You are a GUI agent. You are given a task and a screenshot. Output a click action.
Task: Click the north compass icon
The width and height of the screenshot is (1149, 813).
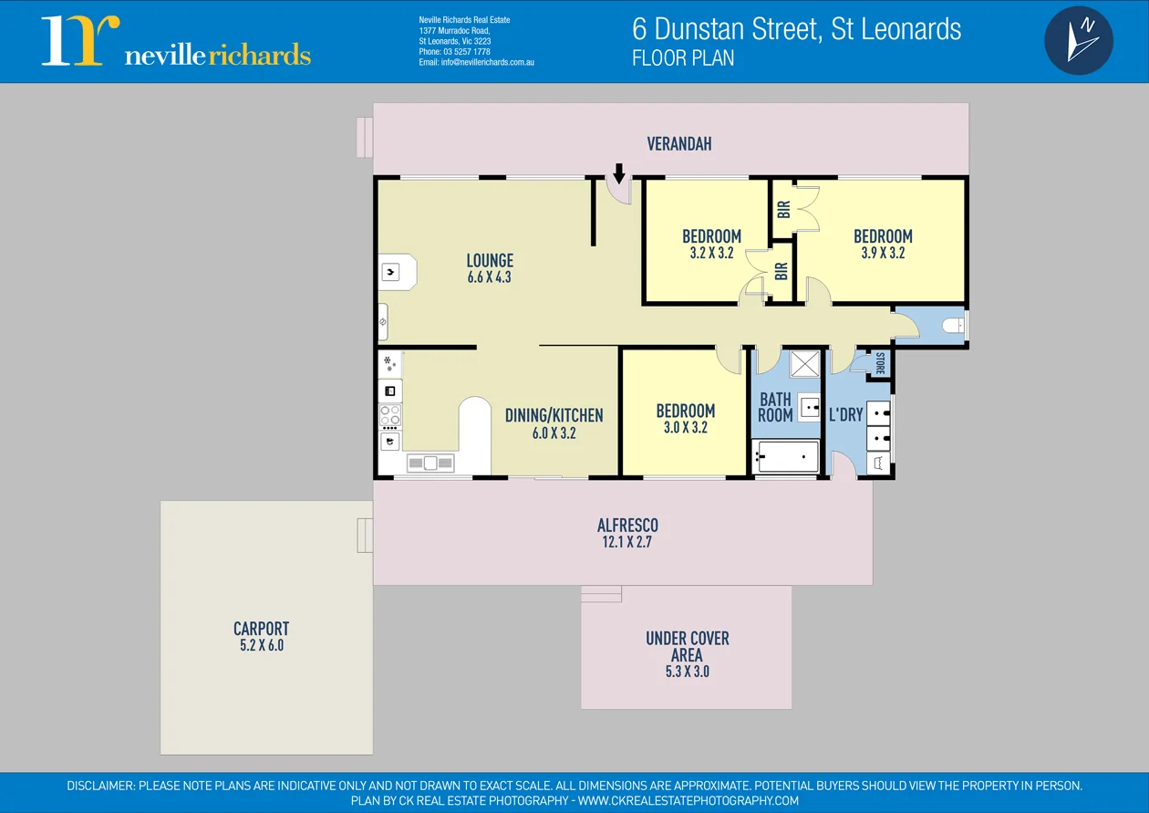tap(1078, 41)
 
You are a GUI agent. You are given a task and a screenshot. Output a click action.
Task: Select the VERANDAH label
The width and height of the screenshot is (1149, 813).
tap(678, 144)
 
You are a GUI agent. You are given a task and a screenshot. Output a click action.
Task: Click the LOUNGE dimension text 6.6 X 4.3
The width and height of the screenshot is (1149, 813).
tap(489, 277)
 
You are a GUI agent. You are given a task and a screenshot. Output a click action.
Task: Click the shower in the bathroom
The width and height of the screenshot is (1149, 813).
tap(803, 363)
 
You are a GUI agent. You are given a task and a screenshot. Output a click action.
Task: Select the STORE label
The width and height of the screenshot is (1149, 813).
tap(880, 363)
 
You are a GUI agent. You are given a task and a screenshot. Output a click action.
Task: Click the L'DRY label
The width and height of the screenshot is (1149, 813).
tap(845, 415)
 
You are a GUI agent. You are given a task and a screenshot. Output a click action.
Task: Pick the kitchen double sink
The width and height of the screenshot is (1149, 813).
tap(430, 464)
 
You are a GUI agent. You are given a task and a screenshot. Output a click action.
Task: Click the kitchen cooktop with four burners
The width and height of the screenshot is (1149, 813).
tap(390, 416)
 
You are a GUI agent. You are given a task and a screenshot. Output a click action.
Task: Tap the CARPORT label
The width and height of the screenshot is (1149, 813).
tap(261, 629)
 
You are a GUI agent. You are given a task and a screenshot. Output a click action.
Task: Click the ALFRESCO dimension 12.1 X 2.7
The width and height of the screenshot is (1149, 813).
tap(627, 542)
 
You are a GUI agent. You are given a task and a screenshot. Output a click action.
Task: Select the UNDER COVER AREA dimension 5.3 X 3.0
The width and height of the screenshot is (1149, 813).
tap(687, 672)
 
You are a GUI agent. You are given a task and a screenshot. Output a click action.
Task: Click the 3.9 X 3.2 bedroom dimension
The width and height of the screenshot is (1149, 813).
tap(882, 253)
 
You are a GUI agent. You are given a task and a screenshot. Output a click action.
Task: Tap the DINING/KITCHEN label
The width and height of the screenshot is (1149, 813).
tap(554, 416)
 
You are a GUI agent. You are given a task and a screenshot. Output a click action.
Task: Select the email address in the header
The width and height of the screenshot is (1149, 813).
tap(476, 62)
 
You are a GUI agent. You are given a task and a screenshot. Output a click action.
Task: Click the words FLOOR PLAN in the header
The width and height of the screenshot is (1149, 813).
tap(683, 57)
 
